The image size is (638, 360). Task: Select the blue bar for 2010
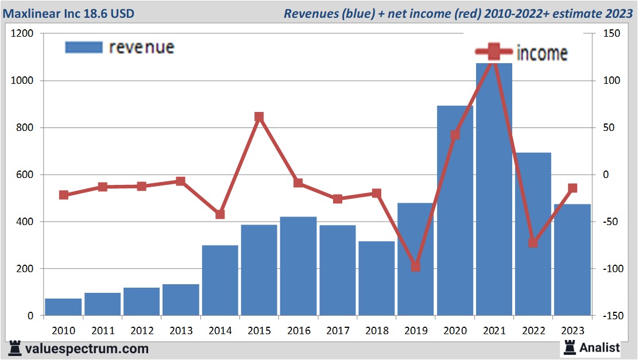tap(63, 307)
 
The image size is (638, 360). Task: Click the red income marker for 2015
tap(259, 117)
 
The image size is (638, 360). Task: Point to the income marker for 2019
tap(416, 267)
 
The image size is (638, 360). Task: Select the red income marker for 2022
tap(533, 243)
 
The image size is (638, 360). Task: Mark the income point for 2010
tap(64, 195)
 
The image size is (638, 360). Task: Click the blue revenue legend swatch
tap(83, 47)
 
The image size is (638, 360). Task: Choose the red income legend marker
tap(493, 53)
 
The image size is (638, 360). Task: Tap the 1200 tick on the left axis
tap(22, 34)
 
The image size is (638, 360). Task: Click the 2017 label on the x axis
tap(337, 331)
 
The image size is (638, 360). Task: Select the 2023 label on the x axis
tap(572, 331)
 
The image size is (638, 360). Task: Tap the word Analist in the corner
tap(600, 347)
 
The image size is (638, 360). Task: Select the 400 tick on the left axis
tap(25, 222)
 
